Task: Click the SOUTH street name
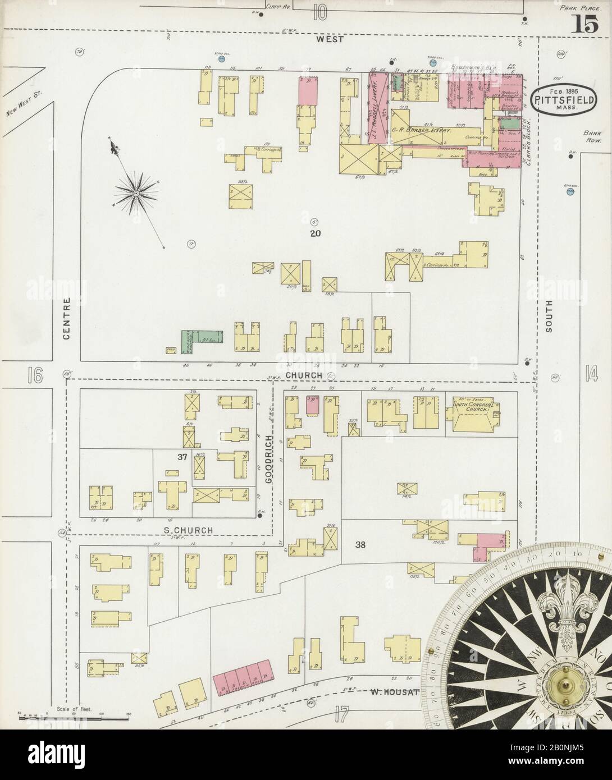point(549,316)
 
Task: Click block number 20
point(314,233)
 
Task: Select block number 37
point(182,457)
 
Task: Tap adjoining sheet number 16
point(35,375)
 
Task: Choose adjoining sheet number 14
point(591,373)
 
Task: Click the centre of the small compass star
point(135,193)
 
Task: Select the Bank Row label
point(592,137)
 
